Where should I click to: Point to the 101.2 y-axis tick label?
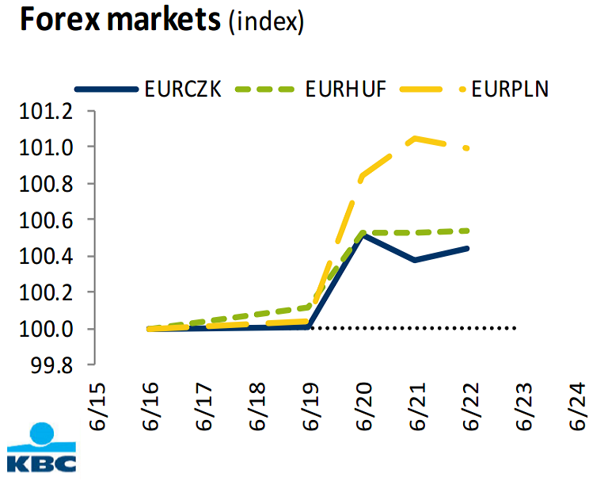pos(45,111)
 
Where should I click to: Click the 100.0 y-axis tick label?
pos(45,329)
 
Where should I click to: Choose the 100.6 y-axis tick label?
pos(45,220)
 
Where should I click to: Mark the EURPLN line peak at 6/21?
pos(416,138)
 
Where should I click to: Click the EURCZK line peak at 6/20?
pos(363,235)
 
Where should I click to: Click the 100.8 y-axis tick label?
pos(45,183)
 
